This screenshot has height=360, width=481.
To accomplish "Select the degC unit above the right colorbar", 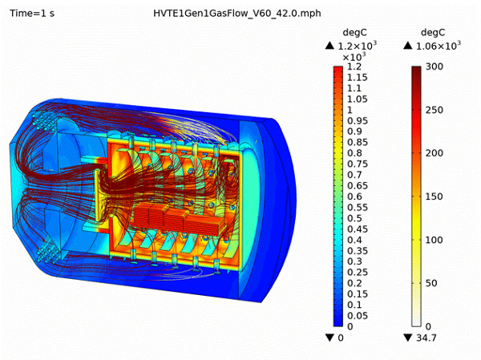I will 432,32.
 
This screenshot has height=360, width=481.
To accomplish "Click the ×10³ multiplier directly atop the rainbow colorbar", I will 354,58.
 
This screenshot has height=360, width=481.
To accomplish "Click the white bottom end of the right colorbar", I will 417,322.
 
